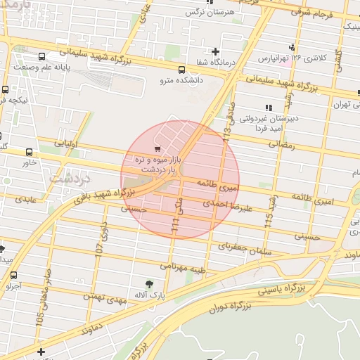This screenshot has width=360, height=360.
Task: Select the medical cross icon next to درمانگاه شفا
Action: coord(214,51)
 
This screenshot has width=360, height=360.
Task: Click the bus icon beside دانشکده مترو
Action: coord(181,70)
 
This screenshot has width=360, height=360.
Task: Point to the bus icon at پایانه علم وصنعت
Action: coord(42,56)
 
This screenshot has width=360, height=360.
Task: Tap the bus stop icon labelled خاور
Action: coord(29,152)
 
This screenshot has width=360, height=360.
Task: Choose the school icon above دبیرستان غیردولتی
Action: coord(267,108)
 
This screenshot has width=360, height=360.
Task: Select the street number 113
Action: coord(227,126)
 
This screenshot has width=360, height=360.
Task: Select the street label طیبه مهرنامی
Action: coord(184,267)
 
